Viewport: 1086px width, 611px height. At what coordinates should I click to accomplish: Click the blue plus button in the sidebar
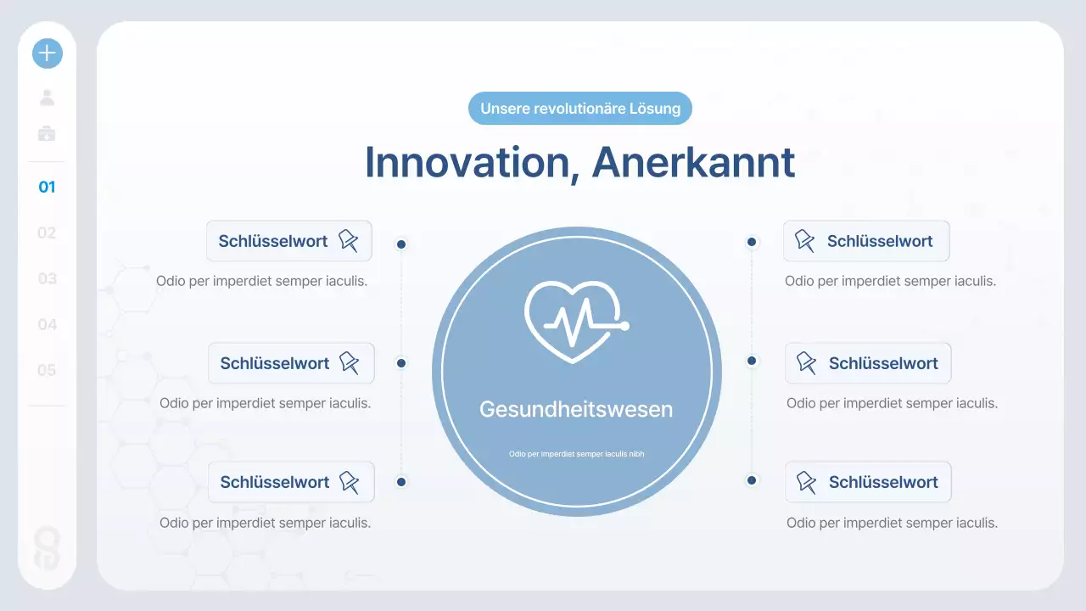coord(48,53)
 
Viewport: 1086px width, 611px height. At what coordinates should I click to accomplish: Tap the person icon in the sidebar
coord(48,98)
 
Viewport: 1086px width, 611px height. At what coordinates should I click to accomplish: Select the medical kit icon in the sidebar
coord(48,134)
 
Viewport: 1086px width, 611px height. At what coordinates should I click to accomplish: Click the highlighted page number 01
coord(48,187)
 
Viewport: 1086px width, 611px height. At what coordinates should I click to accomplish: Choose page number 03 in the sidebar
coord(48,278)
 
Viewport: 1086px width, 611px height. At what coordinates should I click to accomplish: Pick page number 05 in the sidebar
coord(48,370)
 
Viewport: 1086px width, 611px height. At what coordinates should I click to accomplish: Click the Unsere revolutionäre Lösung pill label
coord(580,109)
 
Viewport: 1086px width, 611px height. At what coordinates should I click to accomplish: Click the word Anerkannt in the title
coord(693,162)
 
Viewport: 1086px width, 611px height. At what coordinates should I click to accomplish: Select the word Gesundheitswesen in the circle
coord(576,409)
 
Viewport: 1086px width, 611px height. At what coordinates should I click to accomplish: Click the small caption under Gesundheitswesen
coord(576,454)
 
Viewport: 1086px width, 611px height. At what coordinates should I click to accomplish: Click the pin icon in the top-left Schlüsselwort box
coord(349,241)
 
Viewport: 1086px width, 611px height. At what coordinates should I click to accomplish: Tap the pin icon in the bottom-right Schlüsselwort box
coord(805,482)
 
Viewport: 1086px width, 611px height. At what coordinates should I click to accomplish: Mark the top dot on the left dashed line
coord(401,244)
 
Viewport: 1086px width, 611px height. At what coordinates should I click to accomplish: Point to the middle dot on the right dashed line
coord(752,361)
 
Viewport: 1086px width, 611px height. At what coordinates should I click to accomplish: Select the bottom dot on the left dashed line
coord(401,482)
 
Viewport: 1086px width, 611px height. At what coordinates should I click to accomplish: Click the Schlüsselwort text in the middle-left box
coord(275,363)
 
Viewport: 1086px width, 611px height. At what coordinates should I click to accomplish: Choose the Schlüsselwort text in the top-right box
coord(880,241)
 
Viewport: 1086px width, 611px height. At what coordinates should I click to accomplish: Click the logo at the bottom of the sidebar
coord(48,547)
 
